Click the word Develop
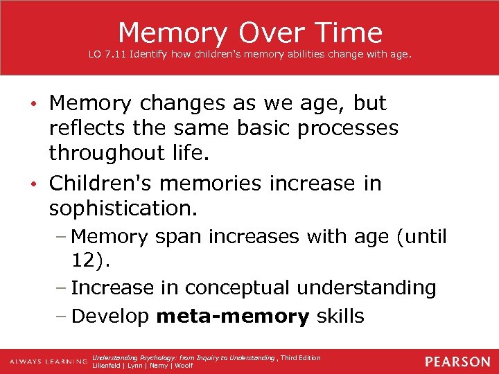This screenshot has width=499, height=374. pyautogui.click(x=110, y=317)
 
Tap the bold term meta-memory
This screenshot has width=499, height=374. pyautogui.click(x=233, y=317)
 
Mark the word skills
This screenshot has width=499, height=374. pyautogui.click(x=340, y=317)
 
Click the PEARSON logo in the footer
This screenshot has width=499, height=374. pyautogui.click(x=457, y=362)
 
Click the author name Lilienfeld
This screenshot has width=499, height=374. pyautogui.click(x=108, y=366)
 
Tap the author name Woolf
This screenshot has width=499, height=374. pyautogui.click(x=184, y=366)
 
